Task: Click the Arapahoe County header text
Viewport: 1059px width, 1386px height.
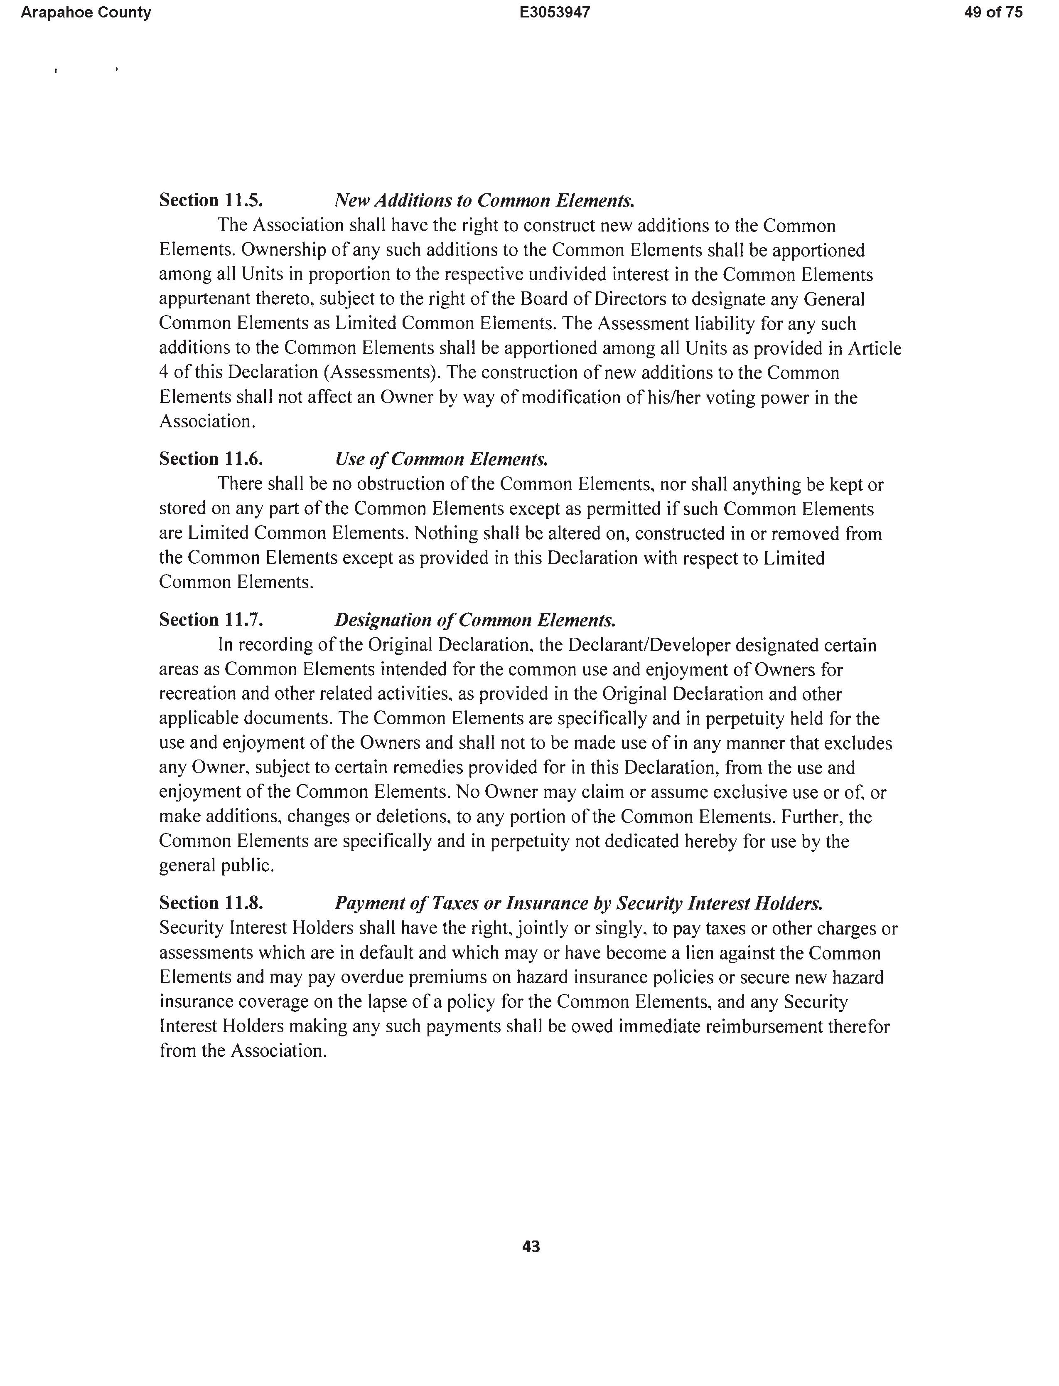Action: tap(86, 12)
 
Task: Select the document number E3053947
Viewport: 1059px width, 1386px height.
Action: tap(555, 12)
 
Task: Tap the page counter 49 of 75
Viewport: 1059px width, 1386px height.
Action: tap(993, 12)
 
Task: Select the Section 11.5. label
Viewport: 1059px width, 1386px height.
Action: tap(211, 200)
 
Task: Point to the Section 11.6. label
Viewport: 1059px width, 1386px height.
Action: tap(211, 459)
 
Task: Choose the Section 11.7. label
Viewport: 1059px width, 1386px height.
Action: tap(211, 620)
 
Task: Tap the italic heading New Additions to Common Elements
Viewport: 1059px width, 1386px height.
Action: tap(484, 200)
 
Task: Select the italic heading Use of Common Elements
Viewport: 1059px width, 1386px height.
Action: tap(441, 459)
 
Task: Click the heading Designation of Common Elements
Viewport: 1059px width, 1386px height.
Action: tap(474, 620)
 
